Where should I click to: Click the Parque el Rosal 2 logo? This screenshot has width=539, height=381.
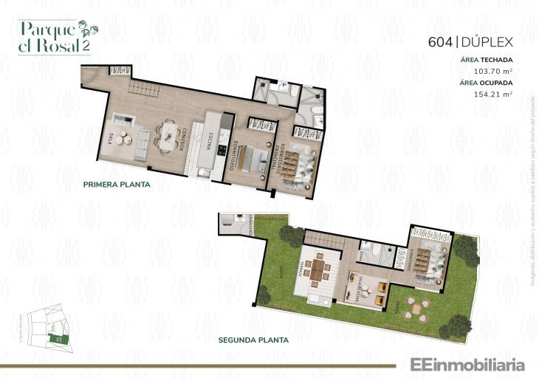pos(54,35)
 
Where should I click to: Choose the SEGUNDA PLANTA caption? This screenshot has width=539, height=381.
pos(253,340)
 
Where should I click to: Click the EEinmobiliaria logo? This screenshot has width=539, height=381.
pos(462,364)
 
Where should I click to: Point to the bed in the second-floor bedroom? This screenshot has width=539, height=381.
pos(427,259)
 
